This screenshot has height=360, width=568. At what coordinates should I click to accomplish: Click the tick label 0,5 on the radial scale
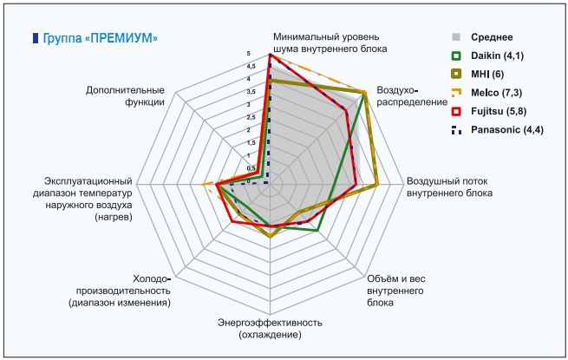[x=251, y=168]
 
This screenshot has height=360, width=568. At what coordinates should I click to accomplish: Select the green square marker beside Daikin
[x=455, y=56]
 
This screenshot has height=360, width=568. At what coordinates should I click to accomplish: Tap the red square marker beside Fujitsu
[x=455, y=111]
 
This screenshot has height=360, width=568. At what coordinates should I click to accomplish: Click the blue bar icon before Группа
[x=36, y=38]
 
